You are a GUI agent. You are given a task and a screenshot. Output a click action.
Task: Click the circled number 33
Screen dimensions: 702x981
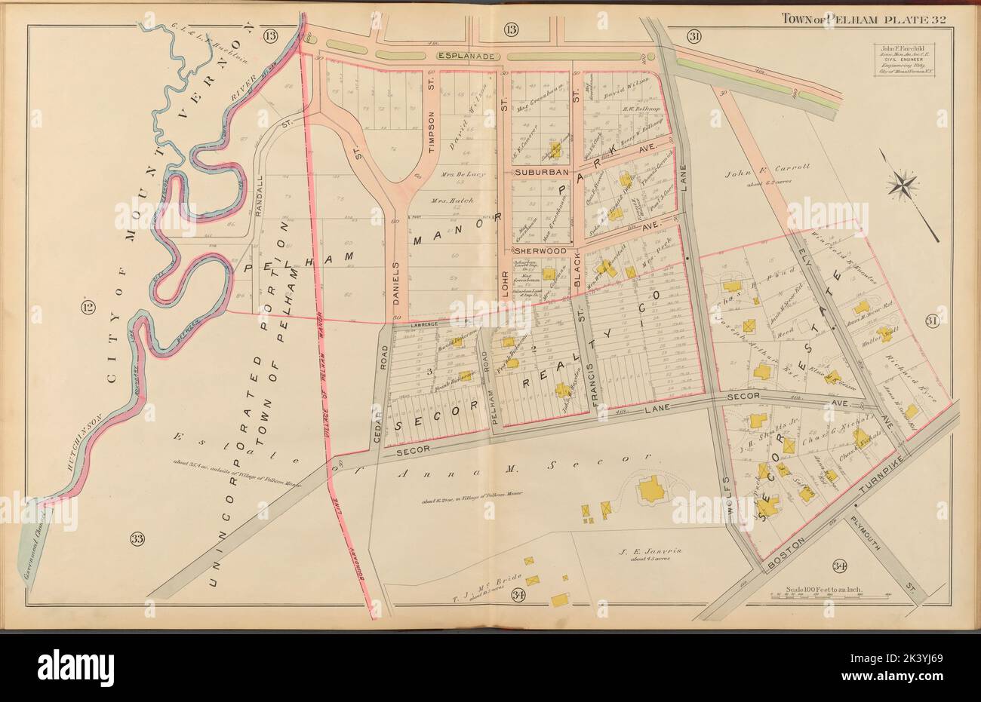click(137, 538)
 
